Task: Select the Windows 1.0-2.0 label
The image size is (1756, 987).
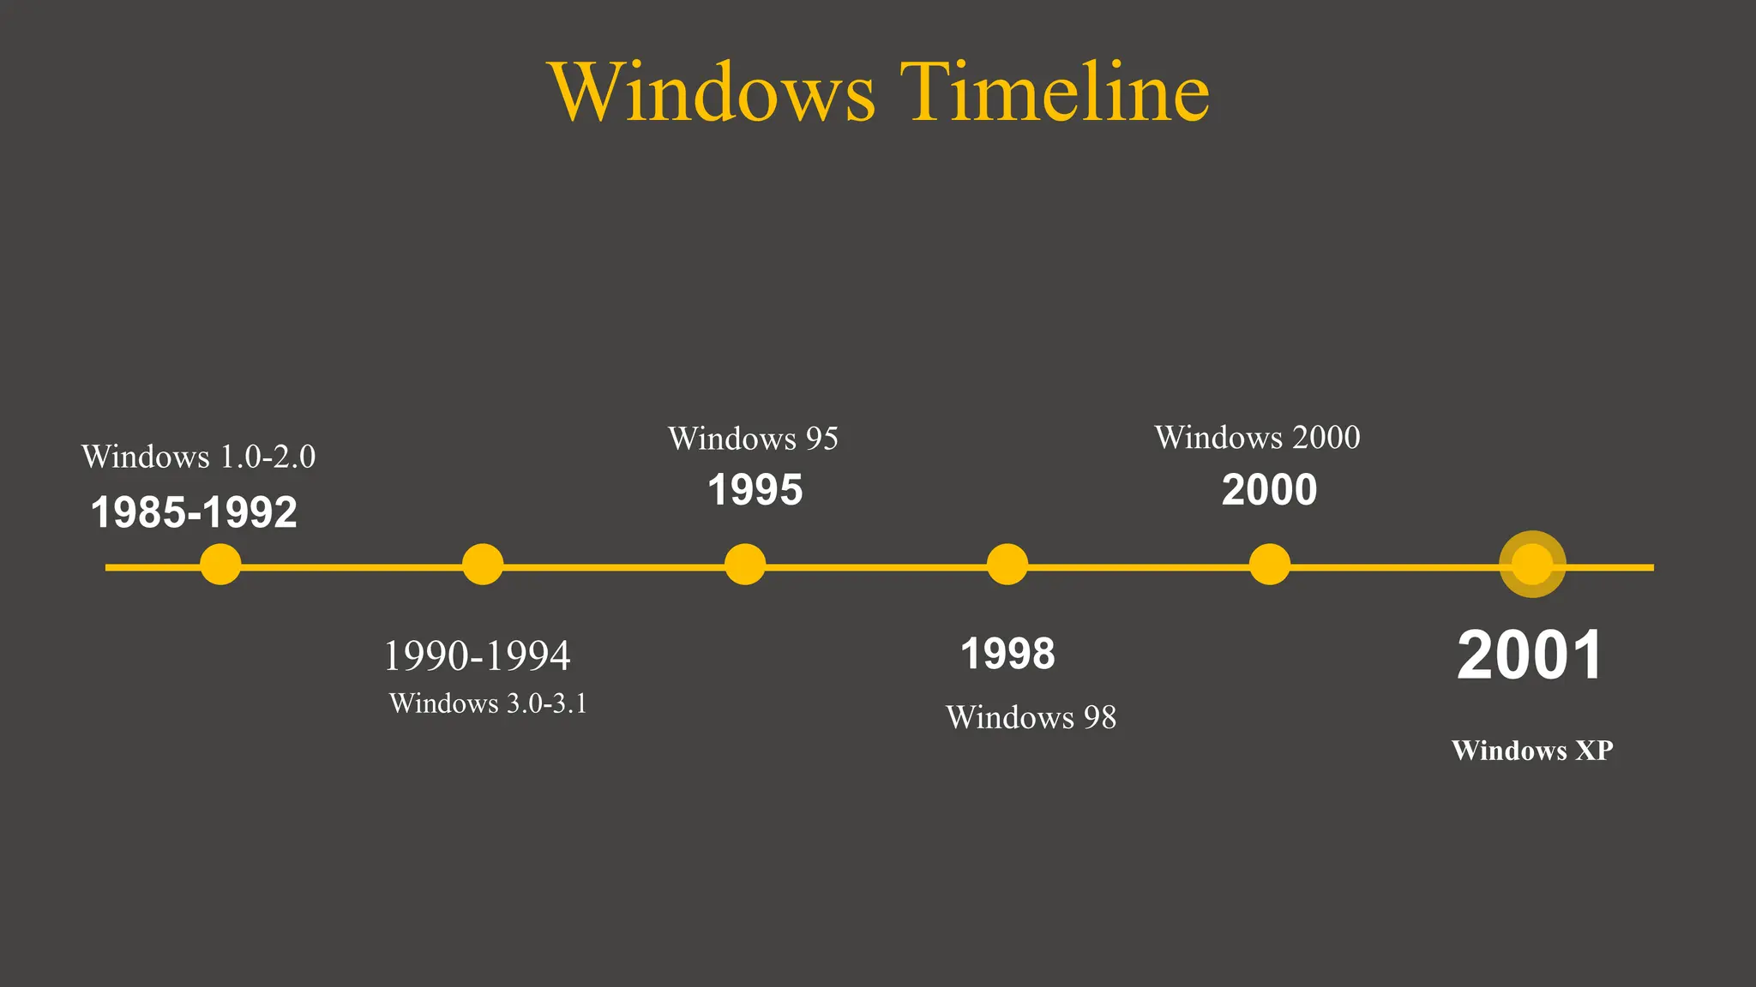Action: [198, 457]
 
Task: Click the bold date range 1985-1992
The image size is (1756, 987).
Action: [194, 512]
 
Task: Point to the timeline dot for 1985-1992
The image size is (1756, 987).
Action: [220, 565]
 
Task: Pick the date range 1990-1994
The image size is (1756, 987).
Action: [477, 656]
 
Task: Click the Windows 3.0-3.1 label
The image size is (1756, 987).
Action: [488, 703]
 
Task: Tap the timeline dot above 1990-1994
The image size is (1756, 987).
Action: [483, 565]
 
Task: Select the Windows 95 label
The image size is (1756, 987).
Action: [753, 439]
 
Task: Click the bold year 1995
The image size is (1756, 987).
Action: [755, 491]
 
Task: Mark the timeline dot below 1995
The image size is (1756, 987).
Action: [745, 565]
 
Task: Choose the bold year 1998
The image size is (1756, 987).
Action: [1007, 655]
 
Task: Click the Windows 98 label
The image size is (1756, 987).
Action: [1031, 718]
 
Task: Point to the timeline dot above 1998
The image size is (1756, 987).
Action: [1007, 565]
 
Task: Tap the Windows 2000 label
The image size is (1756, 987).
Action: [1257, 438]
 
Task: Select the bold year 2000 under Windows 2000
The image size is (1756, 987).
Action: [1269, 491]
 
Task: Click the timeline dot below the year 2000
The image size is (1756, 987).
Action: [1270, 565]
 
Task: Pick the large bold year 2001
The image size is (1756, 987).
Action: [1530, 656]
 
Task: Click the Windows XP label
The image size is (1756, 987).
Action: [1532, 751]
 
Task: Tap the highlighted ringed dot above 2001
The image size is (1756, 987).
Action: [1532, 565]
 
